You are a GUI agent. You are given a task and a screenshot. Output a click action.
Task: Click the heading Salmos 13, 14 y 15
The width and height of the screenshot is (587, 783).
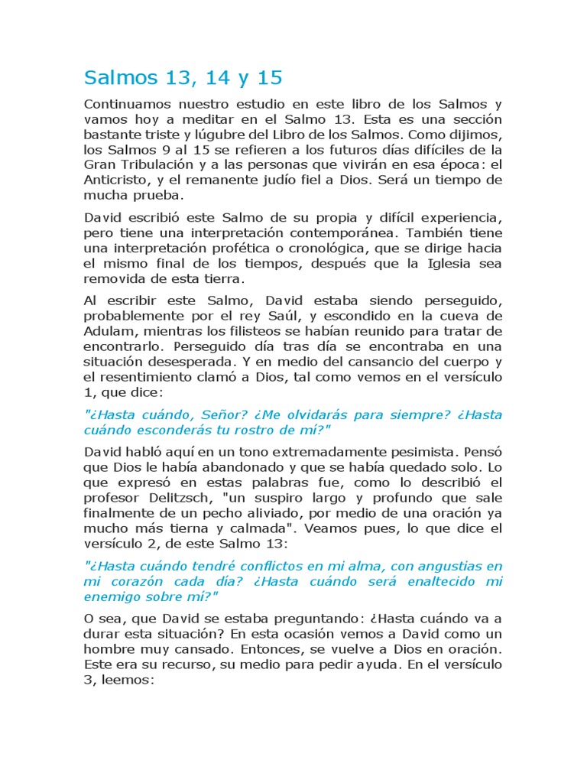click(183, 77)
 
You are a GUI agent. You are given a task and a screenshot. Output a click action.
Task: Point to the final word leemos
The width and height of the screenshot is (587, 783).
click(127, 679)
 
